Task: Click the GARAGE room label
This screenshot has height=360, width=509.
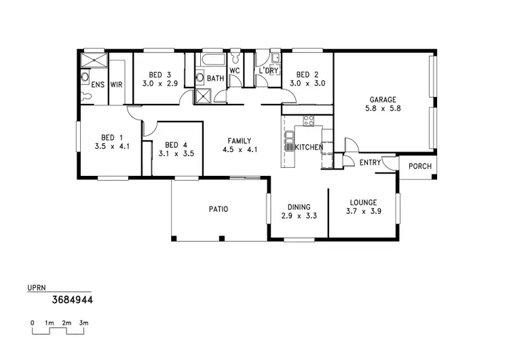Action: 383,99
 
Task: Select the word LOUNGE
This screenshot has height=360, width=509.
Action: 363,202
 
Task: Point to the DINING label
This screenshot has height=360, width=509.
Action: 299,207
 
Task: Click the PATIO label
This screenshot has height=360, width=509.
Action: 218,209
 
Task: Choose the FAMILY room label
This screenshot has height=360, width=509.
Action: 242,141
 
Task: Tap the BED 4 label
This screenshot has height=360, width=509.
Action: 176,145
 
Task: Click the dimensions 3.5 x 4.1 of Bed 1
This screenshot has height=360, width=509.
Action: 111,145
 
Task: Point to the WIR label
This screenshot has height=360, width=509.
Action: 116,85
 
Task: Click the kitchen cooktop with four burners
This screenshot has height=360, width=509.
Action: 308,122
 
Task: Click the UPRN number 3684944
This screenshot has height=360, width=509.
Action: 73,298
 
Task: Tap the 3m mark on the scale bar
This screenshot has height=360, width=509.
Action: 83,323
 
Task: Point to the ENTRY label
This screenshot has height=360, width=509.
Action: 370,162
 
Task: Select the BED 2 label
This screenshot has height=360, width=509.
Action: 307,75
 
